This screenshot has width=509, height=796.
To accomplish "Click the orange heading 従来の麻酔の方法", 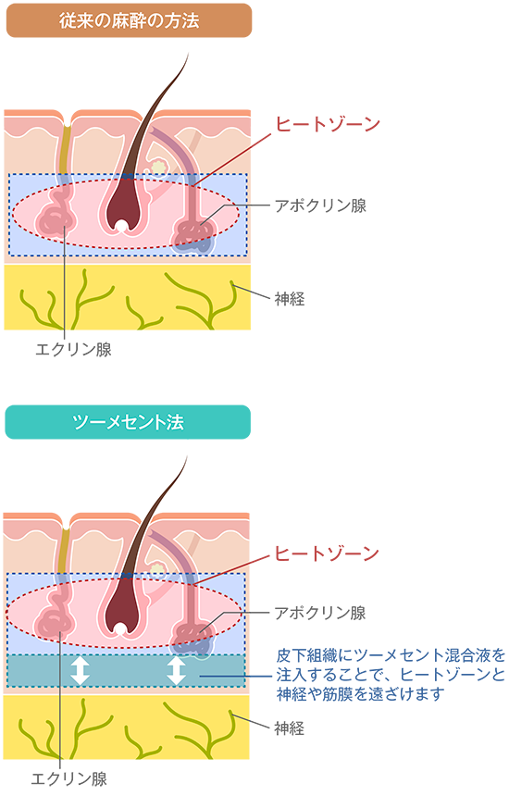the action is tap(129, 20).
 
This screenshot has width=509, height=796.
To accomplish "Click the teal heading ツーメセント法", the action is tap(128, 422).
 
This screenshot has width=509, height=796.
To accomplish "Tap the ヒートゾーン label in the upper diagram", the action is tap(328, 124).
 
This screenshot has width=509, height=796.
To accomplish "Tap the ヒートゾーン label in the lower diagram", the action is tap(327, 553).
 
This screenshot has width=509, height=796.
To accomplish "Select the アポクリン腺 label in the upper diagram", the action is tap(320, 205).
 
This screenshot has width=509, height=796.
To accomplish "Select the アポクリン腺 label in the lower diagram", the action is tap(319, 613).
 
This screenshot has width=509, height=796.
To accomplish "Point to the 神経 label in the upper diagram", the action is tap(290, 298).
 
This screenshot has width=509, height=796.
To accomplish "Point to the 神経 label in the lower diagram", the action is tap(290, 728).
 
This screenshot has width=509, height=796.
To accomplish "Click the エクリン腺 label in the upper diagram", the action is tap(73, 349).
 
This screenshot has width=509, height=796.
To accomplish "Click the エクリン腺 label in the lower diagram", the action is tap(68, 778).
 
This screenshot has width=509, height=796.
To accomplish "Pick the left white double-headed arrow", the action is tap(80, 671).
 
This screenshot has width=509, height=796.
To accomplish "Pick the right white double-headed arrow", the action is tap(176, 671).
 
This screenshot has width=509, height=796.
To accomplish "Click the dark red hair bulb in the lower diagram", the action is tap(119, 606).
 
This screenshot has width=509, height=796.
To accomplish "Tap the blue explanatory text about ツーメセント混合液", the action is tap(391, 675).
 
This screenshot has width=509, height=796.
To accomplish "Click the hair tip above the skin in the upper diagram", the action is tap(188, 54).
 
